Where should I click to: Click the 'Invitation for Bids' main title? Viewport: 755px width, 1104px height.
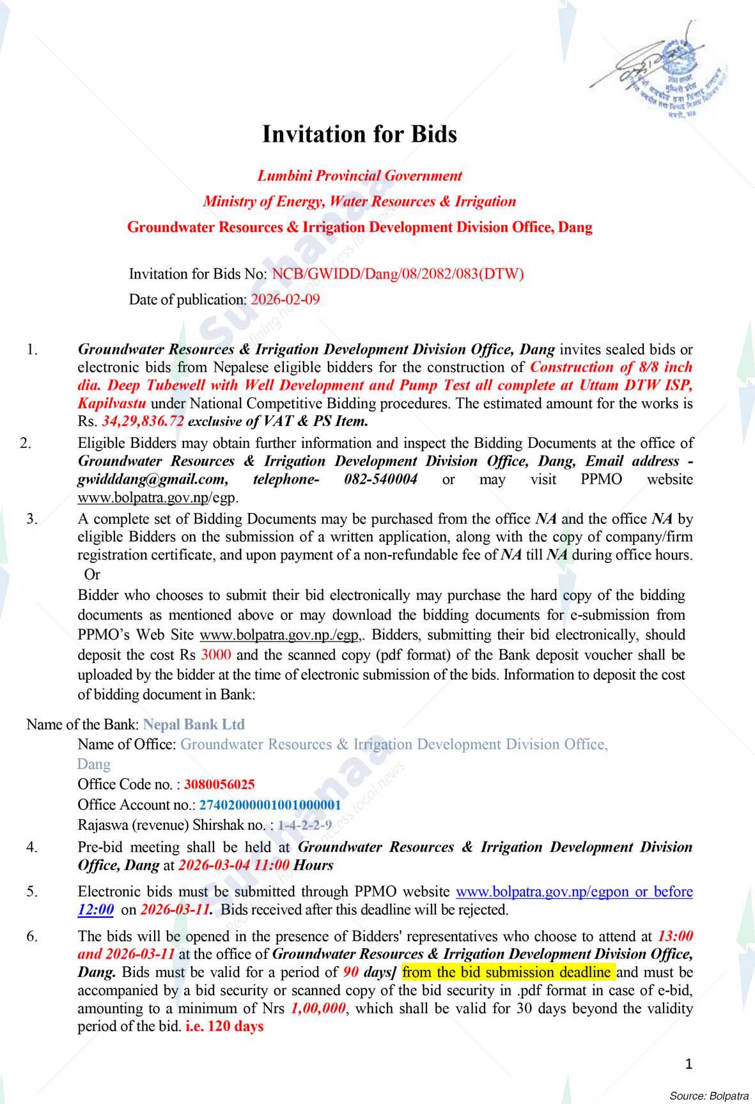(x=359, y=135)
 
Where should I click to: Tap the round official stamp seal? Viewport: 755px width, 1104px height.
(x=678, y=77)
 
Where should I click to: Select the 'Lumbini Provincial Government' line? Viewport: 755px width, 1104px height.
(x=359, y=176)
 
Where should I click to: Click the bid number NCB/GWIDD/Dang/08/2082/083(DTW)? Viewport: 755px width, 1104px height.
(x=398, y=275)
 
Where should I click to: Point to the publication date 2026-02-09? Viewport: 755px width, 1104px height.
(x=285, y=300)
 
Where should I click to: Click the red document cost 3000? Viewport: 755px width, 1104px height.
(x=215, y=655)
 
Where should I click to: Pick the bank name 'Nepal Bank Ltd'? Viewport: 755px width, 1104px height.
(x=194, y=724)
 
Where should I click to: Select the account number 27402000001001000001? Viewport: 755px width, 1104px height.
(x=270, y=805)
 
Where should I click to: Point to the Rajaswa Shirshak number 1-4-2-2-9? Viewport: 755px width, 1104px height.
(x=304, y=825)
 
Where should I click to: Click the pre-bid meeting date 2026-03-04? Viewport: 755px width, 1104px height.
(x=216, y=866)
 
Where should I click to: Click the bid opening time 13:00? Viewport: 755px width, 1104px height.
(x=675, y=937)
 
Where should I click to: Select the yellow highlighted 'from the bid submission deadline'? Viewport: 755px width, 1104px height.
(x=508, y=972)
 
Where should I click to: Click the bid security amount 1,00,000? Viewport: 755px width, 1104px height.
(x=318, y=1009)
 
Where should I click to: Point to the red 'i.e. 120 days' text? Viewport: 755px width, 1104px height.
(x=224, y=1027)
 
